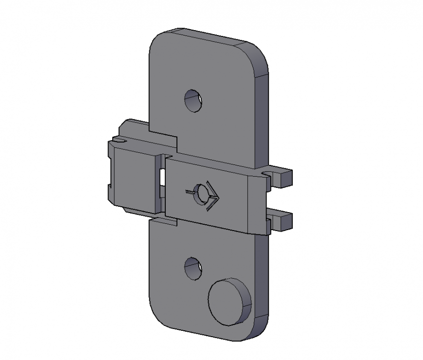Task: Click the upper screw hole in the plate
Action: tap(193, 101)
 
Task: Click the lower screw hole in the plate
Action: tap(193, 269)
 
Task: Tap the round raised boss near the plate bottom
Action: tap(226, 302)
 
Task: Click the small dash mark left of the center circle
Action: tap(189, 193)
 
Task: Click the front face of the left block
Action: tap(134, 180)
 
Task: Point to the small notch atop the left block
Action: tap(118, 140)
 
